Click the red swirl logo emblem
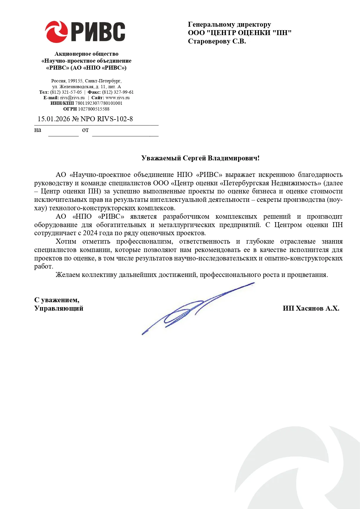[56, 32]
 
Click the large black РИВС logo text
[98, 32]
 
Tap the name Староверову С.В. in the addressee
[217, 41]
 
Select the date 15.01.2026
[54, 119]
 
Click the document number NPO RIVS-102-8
[106, 119]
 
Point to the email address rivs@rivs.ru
[72, 98]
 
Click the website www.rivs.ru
[117, 98]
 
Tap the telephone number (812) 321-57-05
[66, 92]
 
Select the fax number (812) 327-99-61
[118, 92]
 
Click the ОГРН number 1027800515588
[94, 109]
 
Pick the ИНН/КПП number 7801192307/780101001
[99, 103]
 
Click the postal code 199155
[75, 81]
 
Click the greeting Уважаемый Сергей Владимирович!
[200, 158]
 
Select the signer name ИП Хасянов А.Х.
[311, 308]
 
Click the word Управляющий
[59, 308]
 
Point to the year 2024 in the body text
[90, 233]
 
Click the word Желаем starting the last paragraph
[68, 275]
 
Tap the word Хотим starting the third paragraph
[66, 242]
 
